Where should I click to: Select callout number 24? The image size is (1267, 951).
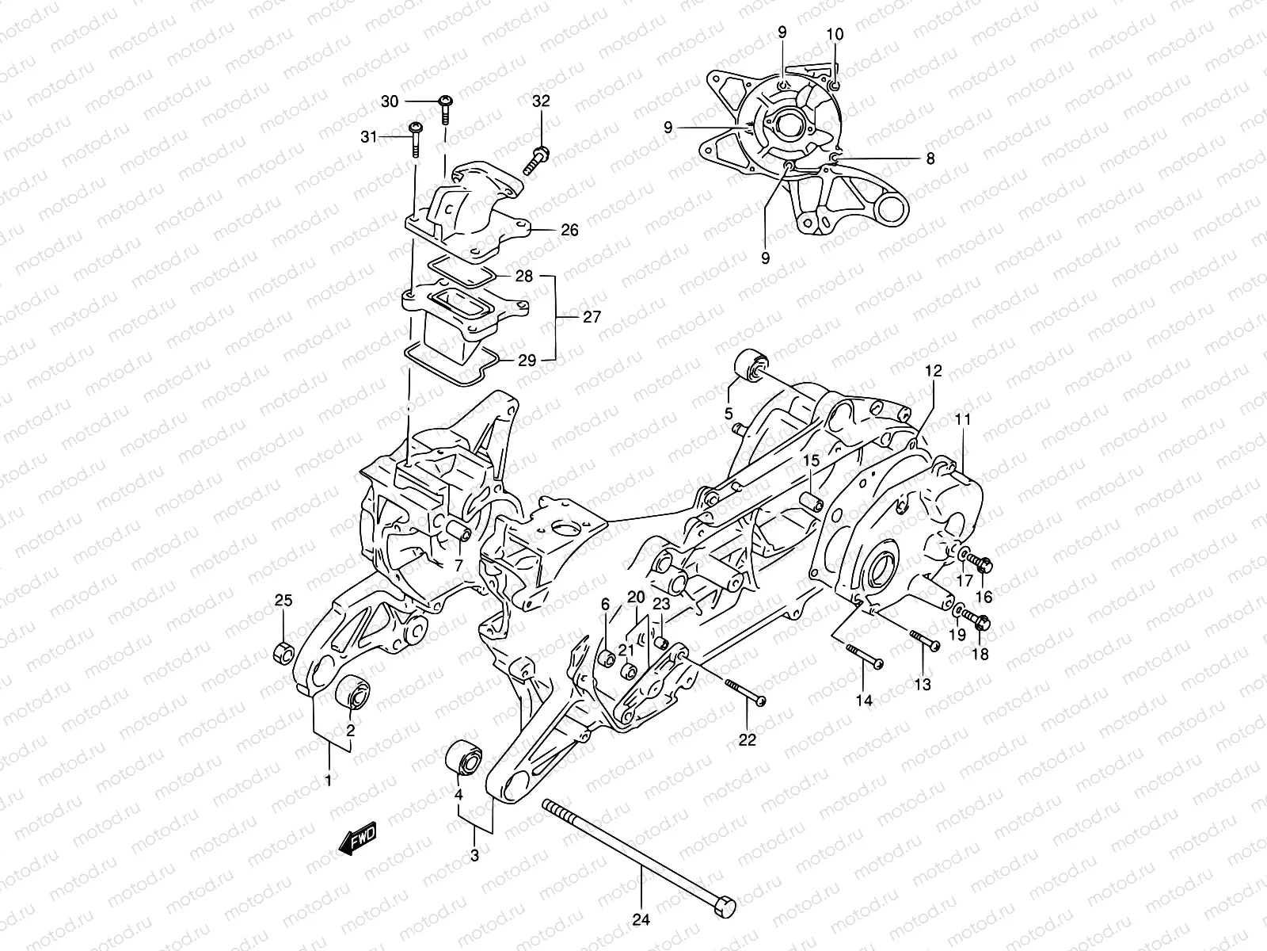coord(641,920)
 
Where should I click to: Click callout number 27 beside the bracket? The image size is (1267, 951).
coord(592,317)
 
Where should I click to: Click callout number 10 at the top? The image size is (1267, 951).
coord(835,34)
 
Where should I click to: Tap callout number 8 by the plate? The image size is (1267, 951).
coord(930,158)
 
